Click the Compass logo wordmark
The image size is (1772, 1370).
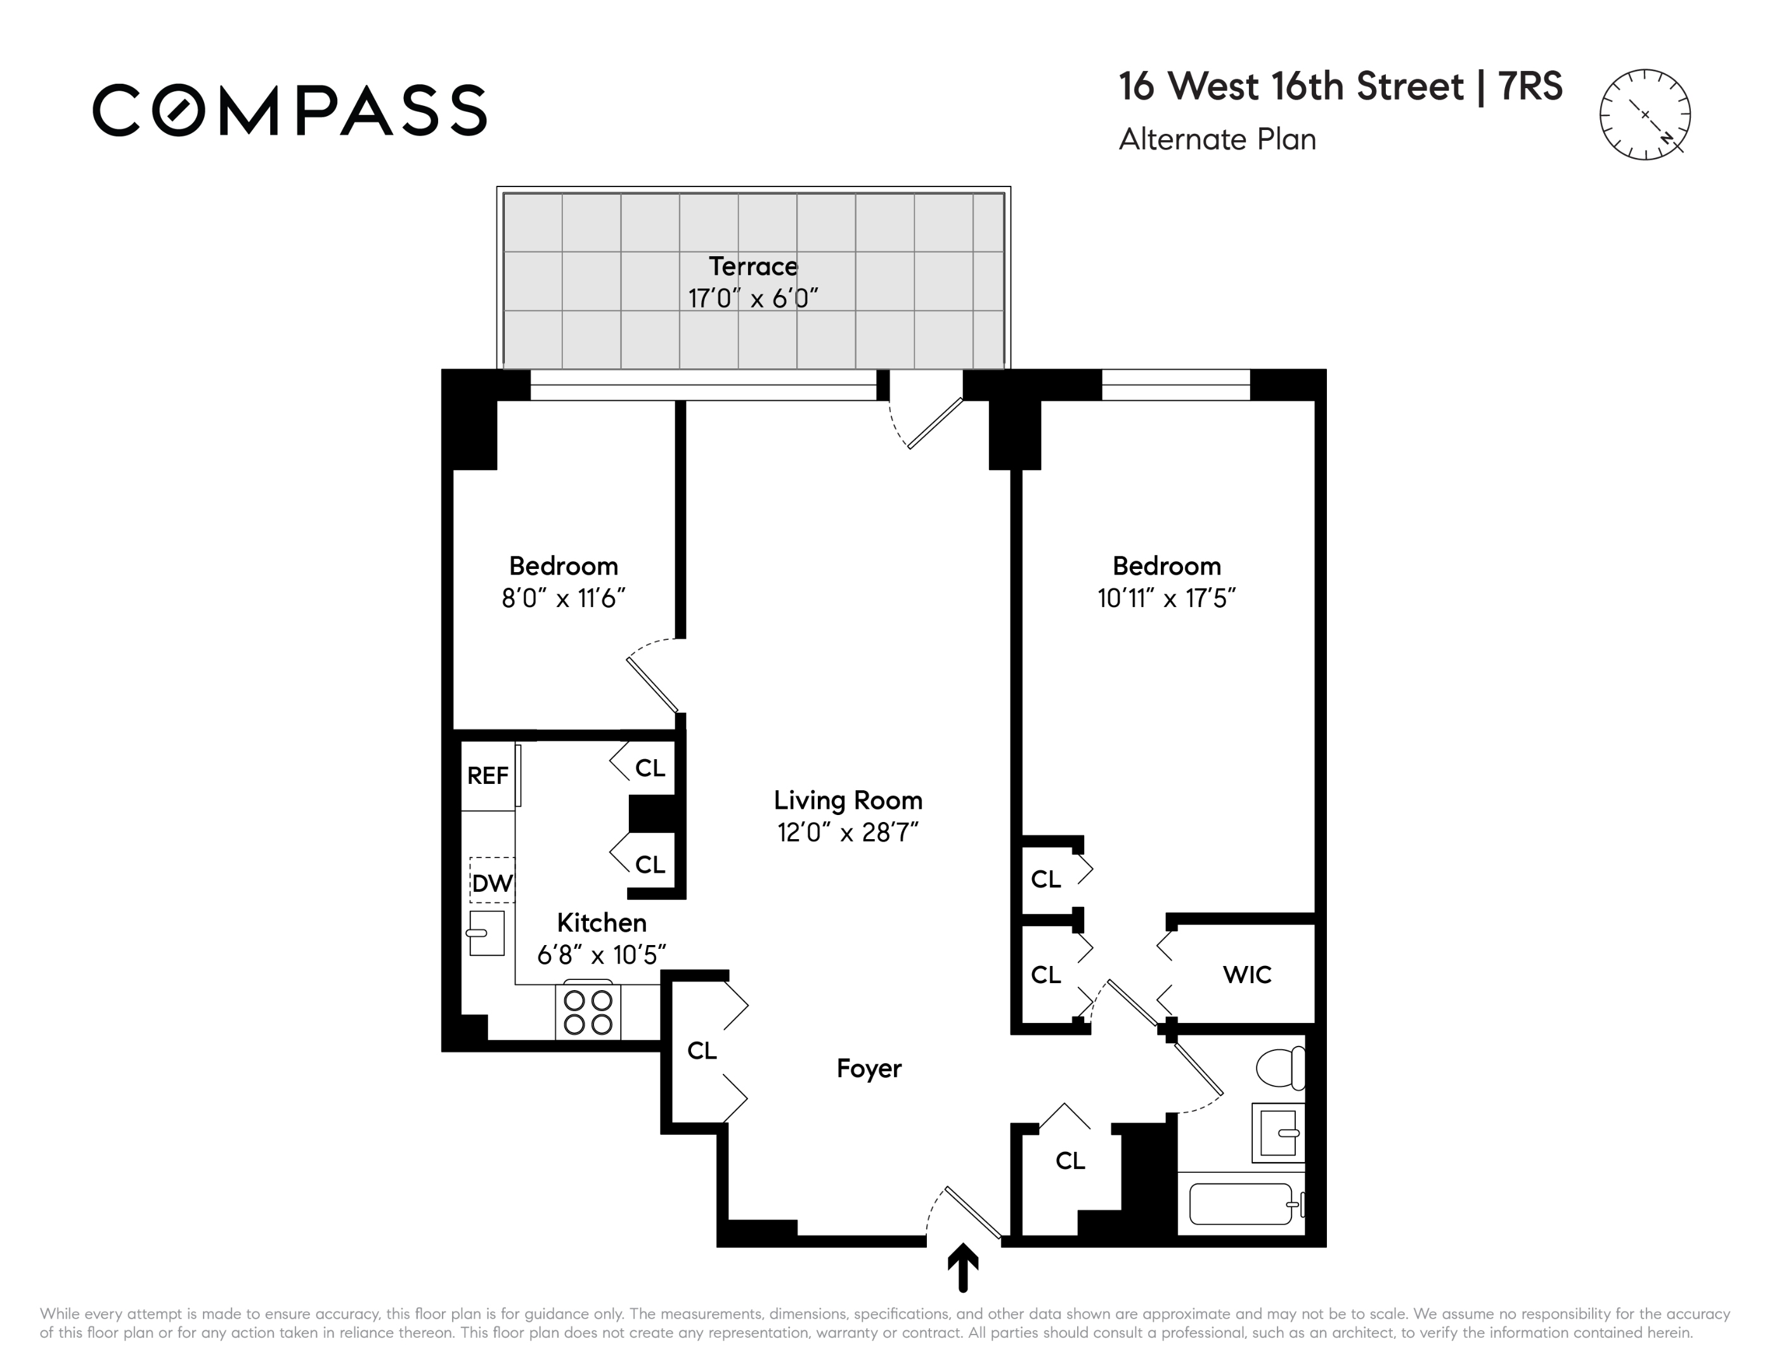coord(290,110)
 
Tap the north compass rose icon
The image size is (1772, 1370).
coord(1645,114)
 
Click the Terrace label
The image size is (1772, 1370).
coord(753,266)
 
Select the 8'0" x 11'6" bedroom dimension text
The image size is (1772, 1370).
coord(563,598)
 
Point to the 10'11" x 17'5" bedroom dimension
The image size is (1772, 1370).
coord(1166,598)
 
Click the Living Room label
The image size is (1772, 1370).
coord(848,800)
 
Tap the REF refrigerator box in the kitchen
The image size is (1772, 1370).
coord(488,776)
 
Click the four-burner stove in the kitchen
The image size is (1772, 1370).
coord(588,1011)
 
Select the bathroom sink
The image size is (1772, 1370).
coord(1279,1133)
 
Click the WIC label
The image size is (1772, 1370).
coord(1247,975)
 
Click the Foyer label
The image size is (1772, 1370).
coord(869,1069)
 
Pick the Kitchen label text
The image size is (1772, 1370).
coord(601,923)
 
